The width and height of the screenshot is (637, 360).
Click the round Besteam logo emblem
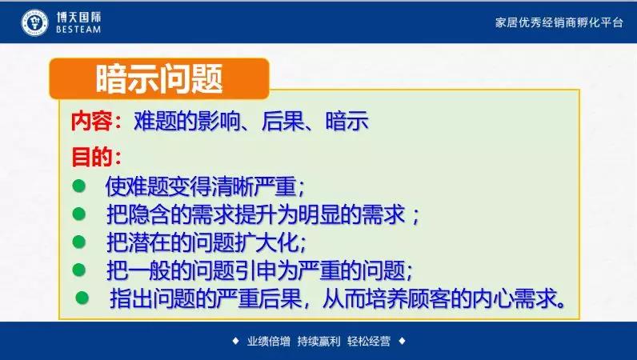(x=35, y=22)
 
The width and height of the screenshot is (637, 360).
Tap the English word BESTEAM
(x=78, y=30)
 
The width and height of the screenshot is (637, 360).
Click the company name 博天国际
(x=78, y=17)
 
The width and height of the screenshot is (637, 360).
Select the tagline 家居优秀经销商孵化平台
(x=559, y=22)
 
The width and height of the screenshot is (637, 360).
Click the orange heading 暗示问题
(x=159, y=79)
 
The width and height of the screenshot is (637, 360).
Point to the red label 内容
(x=91, y=121)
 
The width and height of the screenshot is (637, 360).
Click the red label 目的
(x=91, y=157)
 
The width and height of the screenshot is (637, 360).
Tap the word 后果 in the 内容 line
(x=282, y=121)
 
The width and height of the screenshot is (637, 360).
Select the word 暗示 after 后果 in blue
(x=347, y=121)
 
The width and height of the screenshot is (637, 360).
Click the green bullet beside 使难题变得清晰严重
(x=78, y=186)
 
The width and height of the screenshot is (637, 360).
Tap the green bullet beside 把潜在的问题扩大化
(x=78, y=242)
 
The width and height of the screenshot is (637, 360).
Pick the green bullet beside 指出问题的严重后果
(x=82, y=298)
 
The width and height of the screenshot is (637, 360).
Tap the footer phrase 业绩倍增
(x=269, y=341)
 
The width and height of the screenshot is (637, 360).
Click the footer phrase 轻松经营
(x=369, y=341)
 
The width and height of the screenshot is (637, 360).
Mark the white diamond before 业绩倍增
(x=235, y=341)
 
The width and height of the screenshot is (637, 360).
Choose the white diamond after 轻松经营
(x=402, y=341)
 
